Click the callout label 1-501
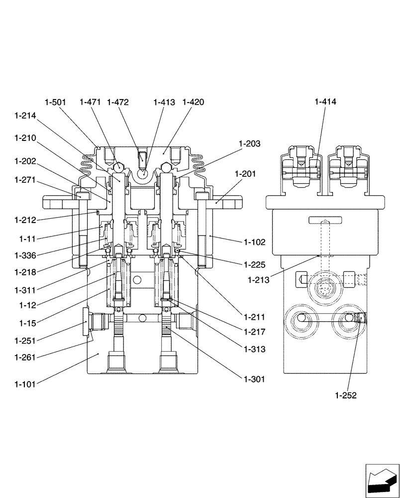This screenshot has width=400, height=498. (x=55, y=102)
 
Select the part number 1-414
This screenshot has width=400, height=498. (x=325, y=102)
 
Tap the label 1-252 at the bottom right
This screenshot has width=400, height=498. (x=346, y=396)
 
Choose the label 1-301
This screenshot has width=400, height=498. (x=255, y=379)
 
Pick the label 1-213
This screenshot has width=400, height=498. (x=258, y=280)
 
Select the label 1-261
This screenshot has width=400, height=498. (x=26, y=357)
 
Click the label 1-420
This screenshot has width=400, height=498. (x=193, y=102)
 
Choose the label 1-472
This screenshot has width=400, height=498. (x=118, y=102)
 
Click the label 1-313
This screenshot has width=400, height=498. (x=255, y=350)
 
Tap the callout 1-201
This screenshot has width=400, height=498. (x=245, y=174)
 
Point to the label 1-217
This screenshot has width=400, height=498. (x=255, y=332)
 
